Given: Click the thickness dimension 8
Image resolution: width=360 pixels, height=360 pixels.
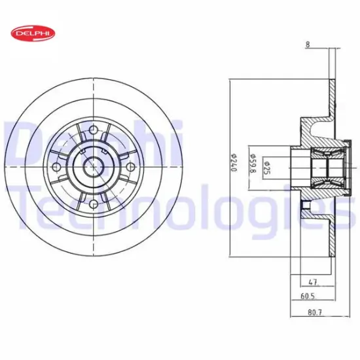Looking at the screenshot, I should [306, 45].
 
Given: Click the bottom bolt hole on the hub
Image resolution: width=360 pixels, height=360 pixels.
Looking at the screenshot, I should [93, 204].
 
